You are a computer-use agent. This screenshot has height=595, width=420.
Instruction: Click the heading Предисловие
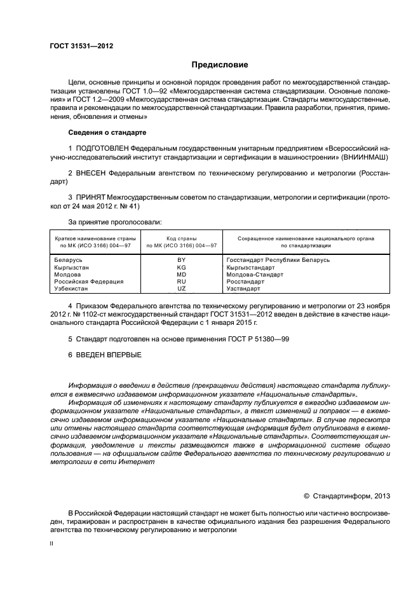click(220, 65)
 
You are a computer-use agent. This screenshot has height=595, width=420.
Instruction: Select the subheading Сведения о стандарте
click(107, 132)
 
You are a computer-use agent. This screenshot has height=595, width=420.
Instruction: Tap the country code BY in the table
click(181, 259)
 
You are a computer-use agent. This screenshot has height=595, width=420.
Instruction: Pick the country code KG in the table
click(181, 267)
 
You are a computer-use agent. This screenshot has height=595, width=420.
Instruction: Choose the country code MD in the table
click(181, 274)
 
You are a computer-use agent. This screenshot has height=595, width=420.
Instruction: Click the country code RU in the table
click(181, 281)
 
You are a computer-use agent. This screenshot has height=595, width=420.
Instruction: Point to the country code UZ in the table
click(181, 288)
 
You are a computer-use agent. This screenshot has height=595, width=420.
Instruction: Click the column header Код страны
click(181, 238)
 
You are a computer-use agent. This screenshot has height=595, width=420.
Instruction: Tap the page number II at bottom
click(52, 544)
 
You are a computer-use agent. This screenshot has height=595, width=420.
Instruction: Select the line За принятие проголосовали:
click(114, 222)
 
